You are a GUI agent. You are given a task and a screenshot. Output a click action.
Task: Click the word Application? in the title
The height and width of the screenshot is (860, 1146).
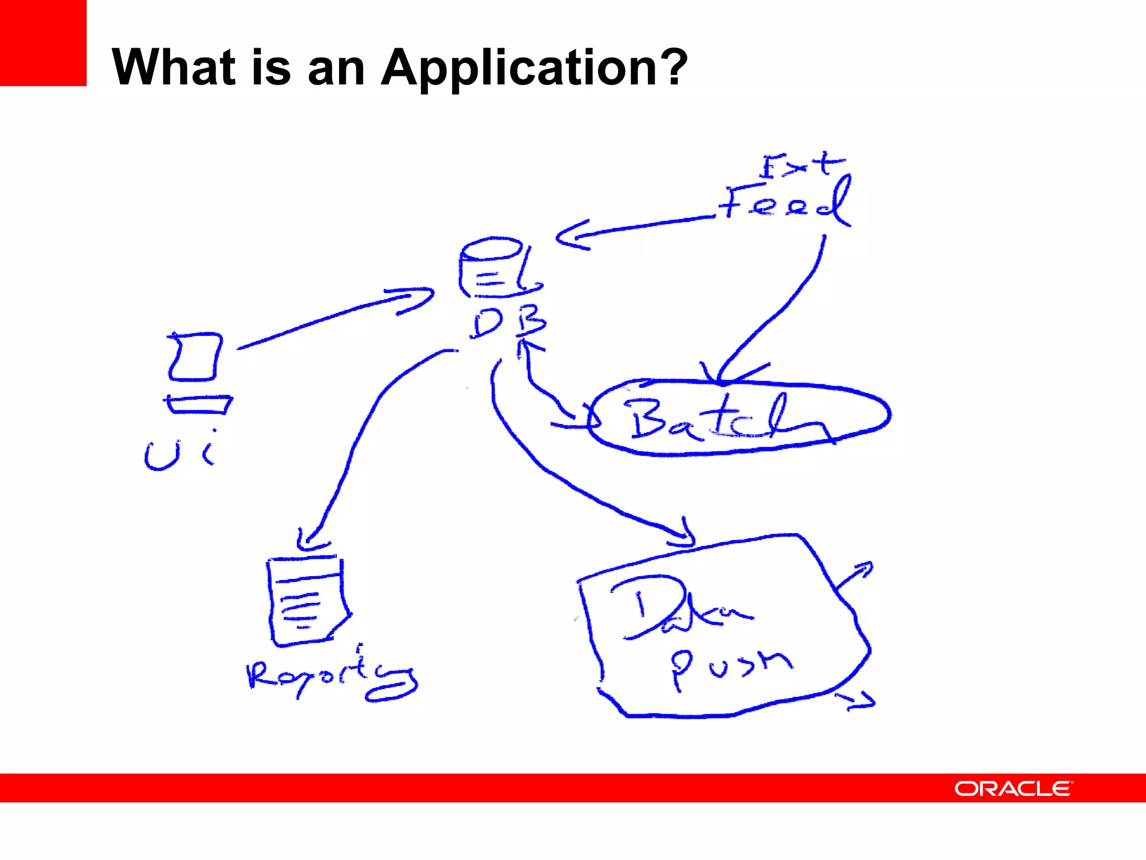(534, 68)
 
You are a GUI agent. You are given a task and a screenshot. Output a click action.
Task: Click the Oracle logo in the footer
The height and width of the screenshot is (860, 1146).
(1013, 788)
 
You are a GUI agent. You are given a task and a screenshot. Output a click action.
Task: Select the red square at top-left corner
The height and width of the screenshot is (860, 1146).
(43, 43)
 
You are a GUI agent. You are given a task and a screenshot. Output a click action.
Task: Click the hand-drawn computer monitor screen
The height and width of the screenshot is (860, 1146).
(195, 357)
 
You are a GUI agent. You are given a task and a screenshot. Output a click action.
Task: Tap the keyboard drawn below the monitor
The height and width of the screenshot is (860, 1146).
(199, 404)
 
